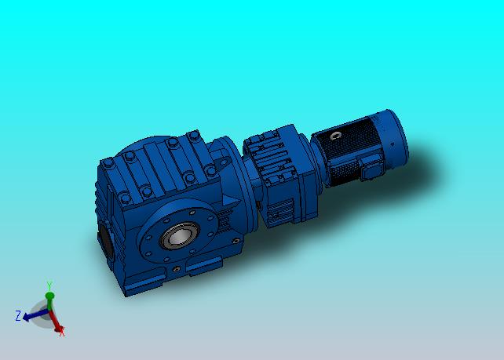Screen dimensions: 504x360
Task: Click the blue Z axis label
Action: coord(18,315)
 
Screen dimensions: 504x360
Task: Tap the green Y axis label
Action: coord(49,285)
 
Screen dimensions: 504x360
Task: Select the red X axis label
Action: coord(62,332)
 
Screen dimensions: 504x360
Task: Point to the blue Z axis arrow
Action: coord(35,315)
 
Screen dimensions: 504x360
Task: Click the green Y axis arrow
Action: coord(49,300)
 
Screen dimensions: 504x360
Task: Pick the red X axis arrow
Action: coord(55,321)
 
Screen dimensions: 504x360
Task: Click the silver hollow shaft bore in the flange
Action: coord(179,236)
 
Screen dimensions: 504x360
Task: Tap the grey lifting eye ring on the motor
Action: coord(335,136)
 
